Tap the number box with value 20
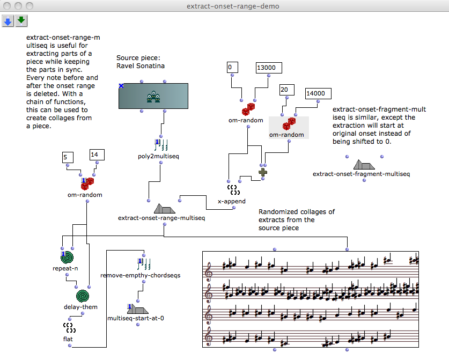point(287,89)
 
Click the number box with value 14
point(96,155)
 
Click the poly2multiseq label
point(158,156)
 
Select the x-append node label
point(232,201)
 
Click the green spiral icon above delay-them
point(83,296)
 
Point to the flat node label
point(68,339)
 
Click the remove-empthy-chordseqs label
point(140,275)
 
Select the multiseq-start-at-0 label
point(135,318)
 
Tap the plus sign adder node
point(263,172)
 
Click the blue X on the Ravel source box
point(121,86)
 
